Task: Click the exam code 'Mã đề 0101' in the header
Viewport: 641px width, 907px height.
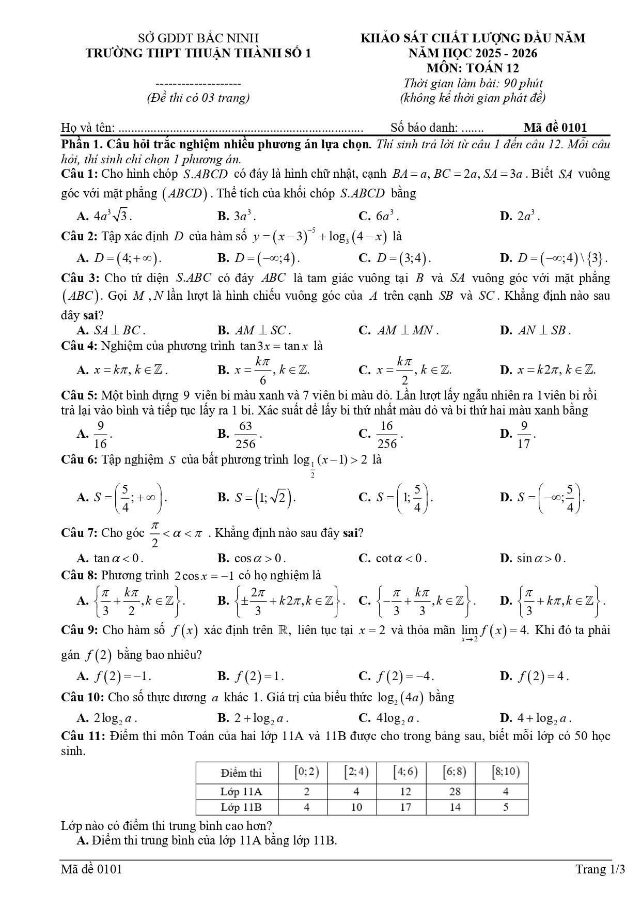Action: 555,128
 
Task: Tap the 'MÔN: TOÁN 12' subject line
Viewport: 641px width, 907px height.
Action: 473,68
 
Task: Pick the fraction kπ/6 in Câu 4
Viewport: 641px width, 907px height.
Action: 263,370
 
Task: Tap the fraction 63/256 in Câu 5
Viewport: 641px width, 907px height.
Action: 245,434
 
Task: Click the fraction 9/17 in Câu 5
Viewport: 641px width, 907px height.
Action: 524,434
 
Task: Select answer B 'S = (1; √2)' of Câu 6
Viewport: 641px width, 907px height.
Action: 265,498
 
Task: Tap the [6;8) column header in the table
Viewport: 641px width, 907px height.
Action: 455,773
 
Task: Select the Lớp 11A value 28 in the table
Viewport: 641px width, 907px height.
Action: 455,791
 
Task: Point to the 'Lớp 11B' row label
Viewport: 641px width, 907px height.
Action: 241,807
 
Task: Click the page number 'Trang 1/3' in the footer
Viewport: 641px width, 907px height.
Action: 600,869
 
